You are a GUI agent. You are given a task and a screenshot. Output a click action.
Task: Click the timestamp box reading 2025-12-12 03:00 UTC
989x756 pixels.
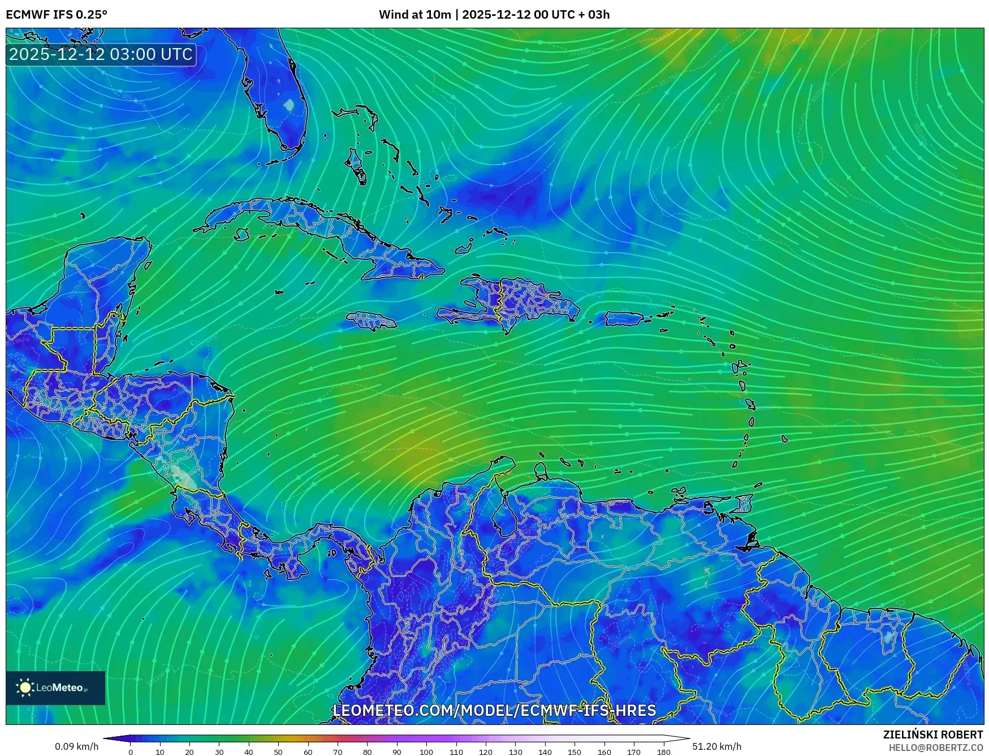tap(101, 54)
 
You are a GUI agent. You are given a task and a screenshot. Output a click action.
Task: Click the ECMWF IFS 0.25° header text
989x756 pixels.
tap(57, 15)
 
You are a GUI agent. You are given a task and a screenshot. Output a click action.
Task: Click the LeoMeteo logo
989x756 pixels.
tap(55, 688)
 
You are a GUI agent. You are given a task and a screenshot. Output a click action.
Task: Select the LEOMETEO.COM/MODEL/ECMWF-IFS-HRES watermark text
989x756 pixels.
tap(494, 710)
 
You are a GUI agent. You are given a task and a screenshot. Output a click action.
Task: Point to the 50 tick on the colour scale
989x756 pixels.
tap(278, 751)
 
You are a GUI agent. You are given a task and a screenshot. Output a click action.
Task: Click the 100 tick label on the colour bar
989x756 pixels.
tap(426, 751)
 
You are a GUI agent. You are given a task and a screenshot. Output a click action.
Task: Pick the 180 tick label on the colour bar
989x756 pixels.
tap(663, 751)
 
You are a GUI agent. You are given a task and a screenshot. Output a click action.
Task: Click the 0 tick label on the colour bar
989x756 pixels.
tap(131, 751)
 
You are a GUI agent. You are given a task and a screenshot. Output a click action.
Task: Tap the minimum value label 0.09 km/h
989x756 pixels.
tap(76, 746)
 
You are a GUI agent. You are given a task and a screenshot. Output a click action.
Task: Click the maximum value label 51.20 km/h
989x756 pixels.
tap(716, 746)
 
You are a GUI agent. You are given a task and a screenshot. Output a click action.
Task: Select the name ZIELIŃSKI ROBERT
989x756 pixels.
tap(932, 735)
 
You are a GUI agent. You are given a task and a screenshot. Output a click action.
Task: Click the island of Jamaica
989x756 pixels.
tap(371, 321)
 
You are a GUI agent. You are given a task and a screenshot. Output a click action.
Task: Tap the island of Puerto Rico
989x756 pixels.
tap(624, 319)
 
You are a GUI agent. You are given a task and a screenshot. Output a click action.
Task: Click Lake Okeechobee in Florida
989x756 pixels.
tap(289, 105)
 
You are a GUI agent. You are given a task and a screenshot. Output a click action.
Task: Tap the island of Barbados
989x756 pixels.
tap(784, 438)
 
